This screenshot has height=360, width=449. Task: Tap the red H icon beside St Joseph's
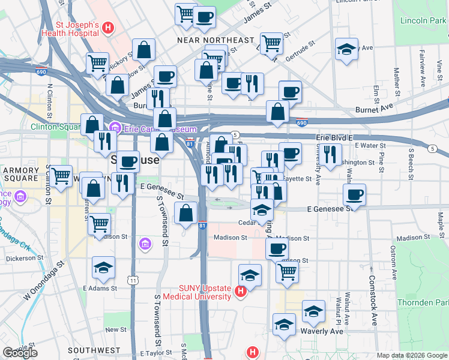coord(107,27)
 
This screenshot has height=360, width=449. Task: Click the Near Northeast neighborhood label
coord(215,40)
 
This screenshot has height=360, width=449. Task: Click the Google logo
coord(20,353)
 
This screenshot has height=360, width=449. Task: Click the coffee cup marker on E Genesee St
coord(354,194)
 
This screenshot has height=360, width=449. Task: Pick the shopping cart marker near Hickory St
coord(97,62)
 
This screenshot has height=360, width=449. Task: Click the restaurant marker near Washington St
coord(330,154)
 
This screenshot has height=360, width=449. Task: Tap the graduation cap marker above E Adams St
coord(103,267)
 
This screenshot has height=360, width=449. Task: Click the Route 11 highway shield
coord(133,280)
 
